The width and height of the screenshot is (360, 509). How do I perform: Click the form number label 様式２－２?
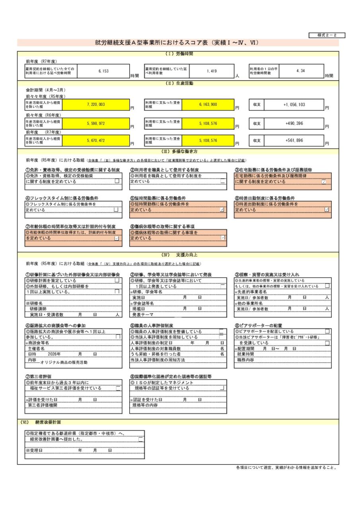click(327, 35)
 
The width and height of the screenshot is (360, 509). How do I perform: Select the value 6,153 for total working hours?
click(103, 71)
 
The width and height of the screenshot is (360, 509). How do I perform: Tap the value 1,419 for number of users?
click(212, 71)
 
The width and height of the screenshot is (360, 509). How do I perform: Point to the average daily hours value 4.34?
click(300, 71)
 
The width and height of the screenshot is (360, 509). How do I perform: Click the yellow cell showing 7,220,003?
click(95, 104)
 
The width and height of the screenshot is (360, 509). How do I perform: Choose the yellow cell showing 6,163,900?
click(208, 104)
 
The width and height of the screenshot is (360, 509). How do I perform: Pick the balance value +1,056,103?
click(294, 104)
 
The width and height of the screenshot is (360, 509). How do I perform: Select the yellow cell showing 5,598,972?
click(95, 124)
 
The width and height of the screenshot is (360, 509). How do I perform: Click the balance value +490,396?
click(294, 124)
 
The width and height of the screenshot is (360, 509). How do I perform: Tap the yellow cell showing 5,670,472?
click(95, 140)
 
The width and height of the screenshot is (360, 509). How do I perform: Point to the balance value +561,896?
click(294, 140)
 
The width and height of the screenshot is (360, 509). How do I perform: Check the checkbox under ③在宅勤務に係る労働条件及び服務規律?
click(324, 182)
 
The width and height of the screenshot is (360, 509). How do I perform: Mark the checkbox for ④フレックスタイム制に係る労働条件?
click(116, 210)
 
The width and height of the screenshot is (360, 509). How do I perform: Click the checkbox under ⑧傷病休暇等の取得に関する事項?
click(222, 238)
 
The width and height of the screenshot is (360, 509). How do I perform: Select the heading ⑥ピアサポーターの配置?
click(258, 326)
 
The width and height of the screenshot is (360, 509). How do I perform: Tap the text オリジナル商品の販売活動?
click(64, 362)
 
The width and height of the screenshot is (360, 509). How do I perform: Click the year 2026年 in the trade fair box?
click(54, 354)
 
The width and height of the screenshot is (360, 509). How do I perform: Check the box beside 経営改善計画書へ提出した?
click(140, 439)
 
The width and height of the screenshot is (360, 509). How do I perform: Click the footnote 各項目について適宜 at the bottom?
click(286, 468)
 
